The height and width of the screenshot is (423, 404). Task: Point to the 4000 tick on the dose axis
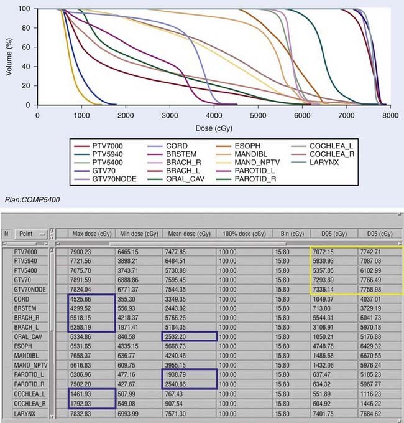pos(214,115)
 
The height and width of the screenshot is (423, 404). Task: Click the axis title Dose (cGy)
pos(214,127)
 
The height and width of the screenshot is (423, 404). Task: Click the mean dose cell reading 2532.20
pos(182,334)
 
